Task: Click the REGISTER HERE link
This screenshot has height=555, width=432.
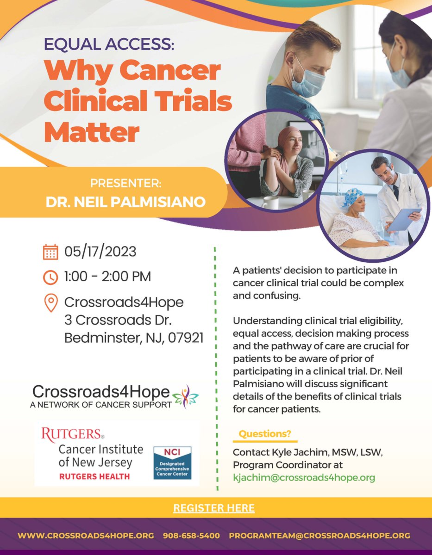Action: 214,508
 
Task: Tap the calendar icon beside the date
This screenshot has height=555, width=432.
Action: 50,252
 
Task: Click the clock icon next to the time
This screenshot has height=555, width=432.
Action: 50,277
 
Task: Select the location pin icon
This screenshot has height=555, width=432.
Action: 51,303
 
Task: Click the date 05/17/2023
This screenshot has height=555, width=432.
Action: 100,252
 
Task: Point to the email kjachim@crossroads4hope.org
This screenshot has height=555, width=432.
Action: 304,478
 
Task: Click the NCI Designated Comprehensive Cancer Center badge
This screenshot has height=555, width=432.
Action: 172,463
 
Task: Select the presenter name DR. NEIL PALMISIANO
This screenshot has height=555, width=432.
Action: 126,203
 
